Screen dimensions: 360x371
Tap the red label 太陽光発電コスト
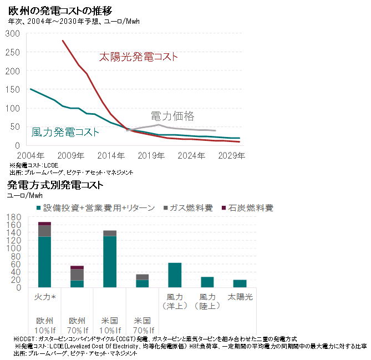click(x=138, y=57)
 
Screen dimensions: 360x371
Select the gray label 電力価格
click(x=172, y=116)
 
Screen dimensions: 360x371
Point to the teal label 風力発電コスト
click(x=65, y=132)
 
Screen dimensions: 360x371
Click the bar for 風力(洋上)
click(x=175, y=275)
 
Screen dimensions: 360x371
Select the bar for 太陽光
click(x=240, y=283)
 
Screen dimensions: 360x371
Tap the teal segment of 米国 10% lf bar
click(x=110, y=261)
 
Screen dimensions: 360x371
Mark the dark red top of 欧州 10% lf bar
click(x=44, y=224)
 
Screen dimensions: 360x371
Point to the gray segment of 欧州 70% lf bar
click(x=77, y=275)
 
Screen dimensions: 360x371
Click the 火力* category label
click(x=45, y=297)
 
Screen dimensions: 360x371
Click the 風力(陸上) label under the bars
click(x=207, y=301)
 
